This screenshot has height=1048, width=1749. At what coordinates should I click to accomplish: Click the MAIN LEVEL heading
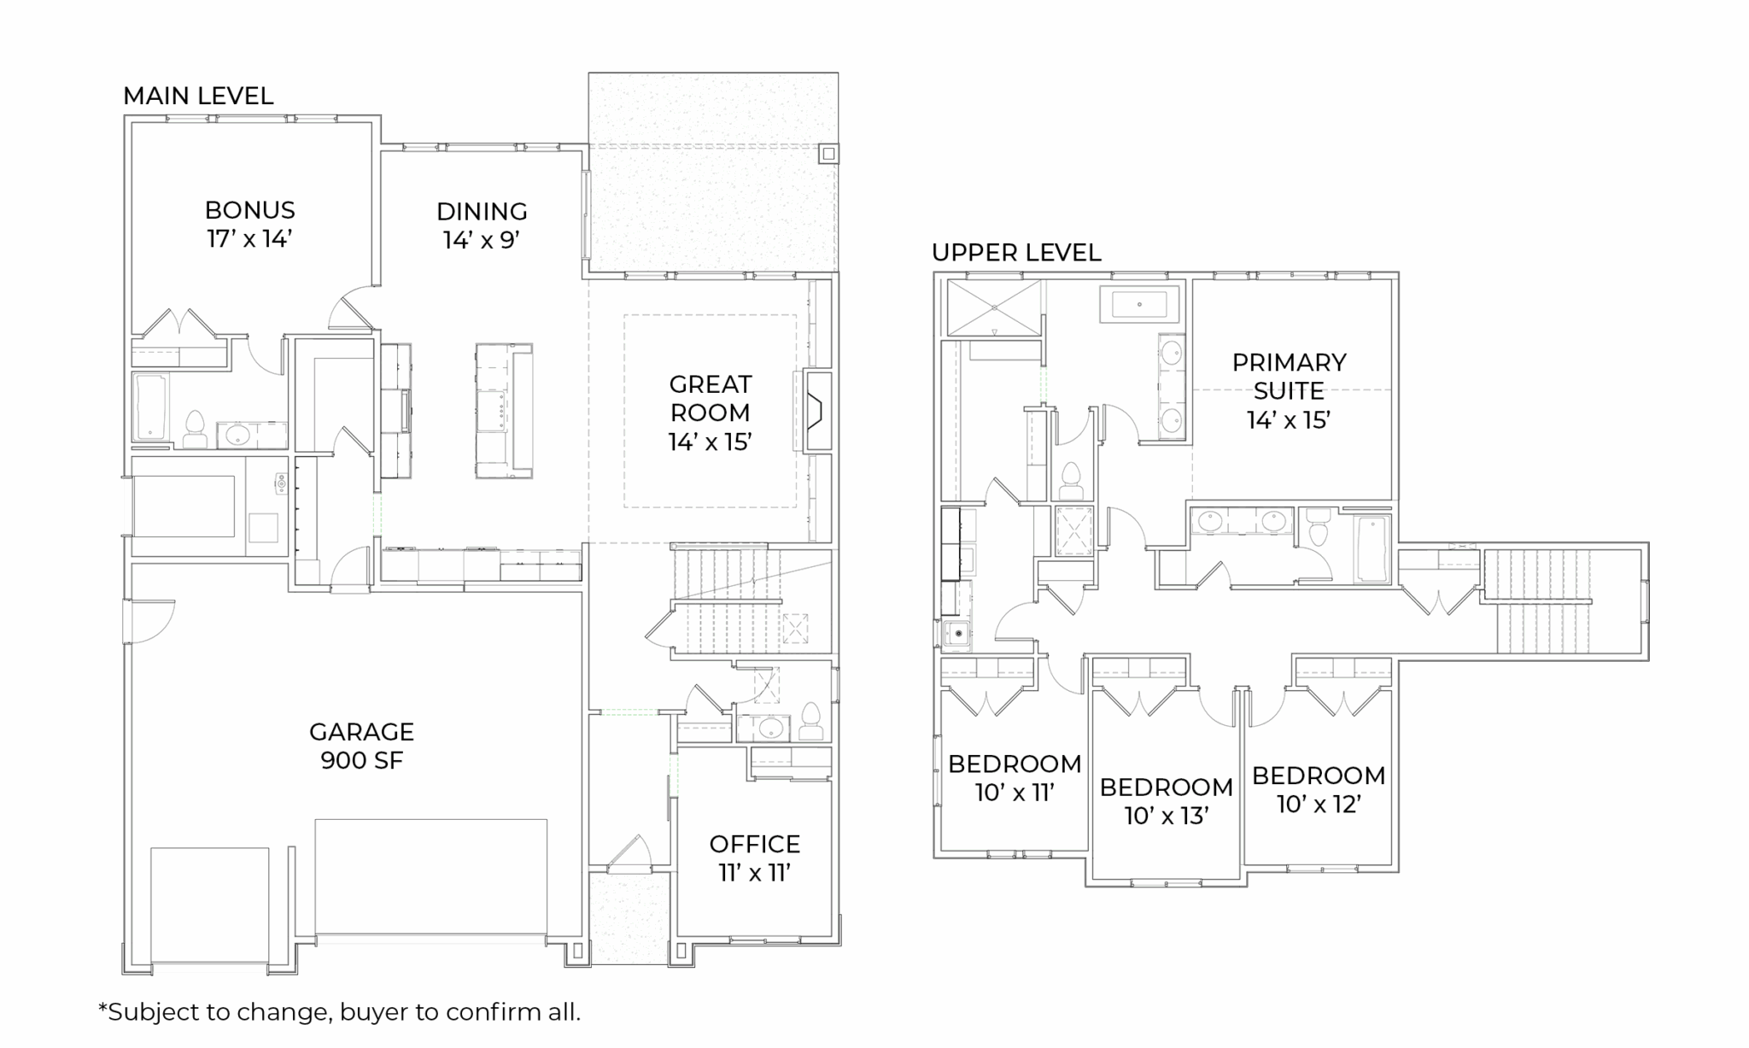pos(198,96)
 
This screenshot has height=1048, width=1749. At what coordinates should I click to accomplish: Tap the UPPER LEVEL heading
pos(1016,253)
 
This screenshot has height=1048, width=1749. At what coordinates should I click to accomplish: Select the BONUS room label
pos(250,224)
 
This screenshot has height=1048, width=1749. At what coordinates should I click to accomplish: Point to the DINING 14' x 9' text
pos(482,225)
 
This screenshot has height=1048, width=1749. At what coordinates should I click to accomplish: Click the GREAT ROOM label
pos(710,413)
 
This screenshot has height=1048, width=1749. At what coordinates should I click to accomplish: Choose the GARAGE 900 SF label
pos(361,746)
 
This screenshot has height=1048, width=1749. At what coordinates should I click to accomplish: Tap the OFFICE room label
pos(755,858)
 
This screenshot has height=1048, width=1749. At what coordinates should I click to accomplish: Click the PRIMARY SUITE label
pos(1289,390)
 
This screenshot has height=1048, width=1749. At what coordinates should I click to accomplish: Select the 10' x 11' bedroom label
pos(1015,777)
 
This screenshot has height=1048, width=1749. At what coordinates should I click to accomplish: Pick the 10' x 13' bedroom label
pos(1166,801)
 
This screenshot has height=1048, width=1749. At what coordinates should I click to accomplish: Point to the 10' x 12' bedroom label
pos(1319,789)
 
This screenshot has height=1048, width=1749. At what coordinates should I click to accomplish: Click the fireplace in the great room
pos(815,411)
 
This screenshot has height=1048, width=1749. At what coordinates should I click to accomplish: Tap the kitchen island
pos(504,411)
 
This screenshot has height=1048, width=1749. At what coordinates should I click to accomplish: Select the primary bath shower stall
pos(995,307)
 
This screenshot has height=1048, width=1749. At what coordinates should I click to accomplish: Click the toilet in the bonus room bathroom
pos(195,430)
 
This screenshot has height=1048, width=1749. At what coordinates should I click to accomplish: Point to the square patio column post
pos(828,154)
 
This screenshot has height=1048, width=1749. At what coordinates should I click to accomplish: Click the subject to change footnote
pos(339,1012)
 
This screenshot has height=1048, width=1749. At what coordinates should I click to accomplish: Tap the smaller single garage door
pos(210,909)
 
